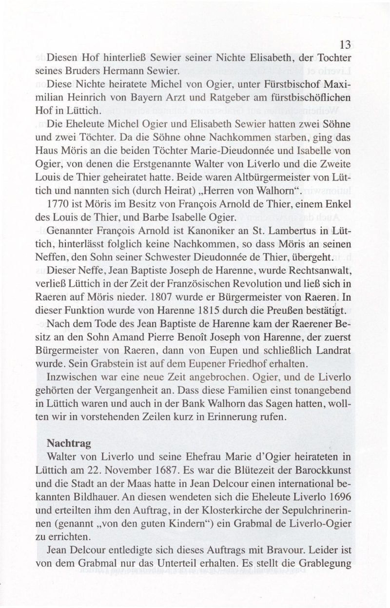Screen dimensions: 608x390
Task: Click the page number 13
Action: tap(345, 45)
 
